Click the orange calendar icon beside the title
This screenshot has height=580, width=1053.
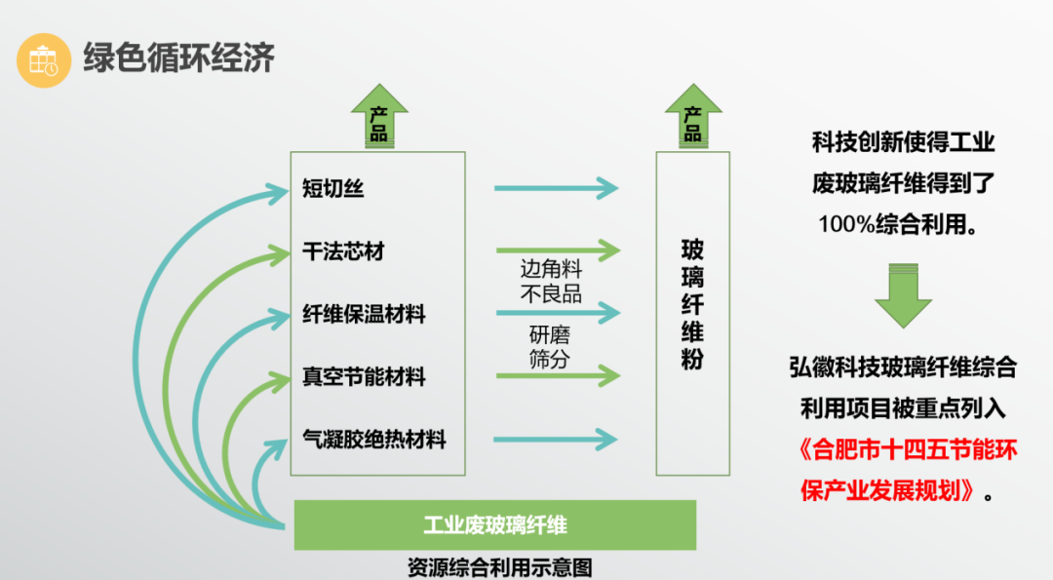click(x=44, y=60)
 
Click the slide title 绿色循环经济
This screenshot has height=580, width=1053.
click(x=178, y=58)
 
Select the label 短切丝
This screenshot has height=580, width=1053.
click(x=333, y=189)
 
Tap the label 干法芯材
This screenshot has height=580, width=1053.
click(x=343, y=251)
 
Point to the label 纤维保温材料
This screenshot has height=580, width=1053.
click(x=364, y=314)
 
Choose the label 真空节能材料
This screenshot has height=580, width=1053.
click(x=364, y=376)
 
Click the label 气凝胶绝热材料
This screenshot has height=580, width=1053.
click(x=374, y=440)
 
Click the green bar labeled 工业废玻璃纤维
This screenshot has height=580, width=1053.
click(x=494, y=525)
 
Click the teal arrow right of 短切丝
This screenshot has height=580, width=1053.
click(x=556, y=187)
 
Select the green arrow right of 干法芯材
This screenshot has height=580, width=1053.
click(x=556, y=251)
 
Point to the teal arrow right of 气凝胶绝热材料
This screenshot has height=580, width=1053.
click(x=556, y=440)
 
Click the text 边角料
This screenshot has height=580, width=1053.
click(x=551, y=270)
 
